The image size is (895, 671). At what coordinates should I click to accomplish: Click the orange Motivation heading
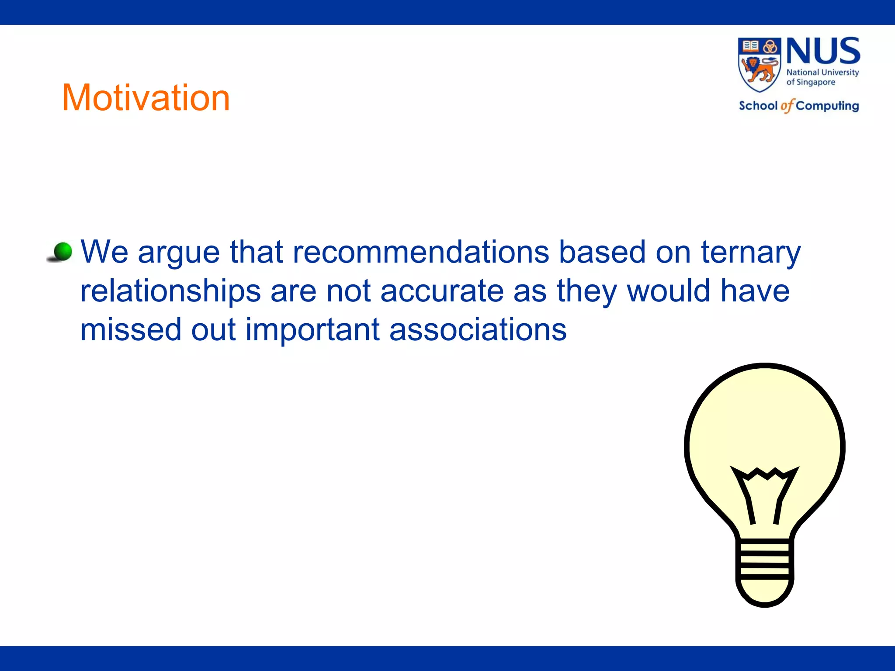pyautogui.click(x=146, y=98)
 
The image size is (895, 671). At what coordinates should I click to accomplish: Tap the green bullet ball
pyautogui.click(x=62, y=252)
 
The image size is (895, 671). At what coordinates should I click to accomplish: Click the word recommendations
pyautogui.click(x=420, y=252)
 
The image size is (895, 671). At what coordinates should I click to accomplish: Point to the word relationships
pyautogui.click(x=170, y=292)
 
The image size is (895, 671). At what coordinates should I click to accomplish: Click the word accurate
pyautogui.click(x=442, y=291)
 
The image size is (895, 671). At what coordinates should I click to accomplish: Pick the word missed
pyautogui.click(x=131, y=330)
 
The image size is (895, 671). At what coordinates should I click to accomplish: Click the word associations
pyautogui.click(x=478, y=330)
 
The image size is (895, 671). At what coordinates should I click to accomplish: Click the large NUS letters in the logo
pyautogui.click(x=823, y=52)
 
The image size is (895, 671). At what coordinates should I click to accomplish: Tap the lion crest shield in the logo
pyautogui.click(x=759, y=65)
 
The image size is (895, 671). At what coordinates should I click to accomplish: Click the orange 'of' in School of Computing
pyautogui.click(x=787, y=106)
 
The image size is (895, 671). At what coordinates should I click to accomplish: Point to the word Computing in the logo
pyautogui.click(x=827, y=106)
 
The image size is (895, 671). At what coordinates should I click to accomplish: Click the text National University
pyautogui.click(x=822, y=73)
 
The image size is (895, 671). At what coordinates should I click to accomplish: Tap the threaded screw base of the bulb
pyautogui.click(x=765, y=560)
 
